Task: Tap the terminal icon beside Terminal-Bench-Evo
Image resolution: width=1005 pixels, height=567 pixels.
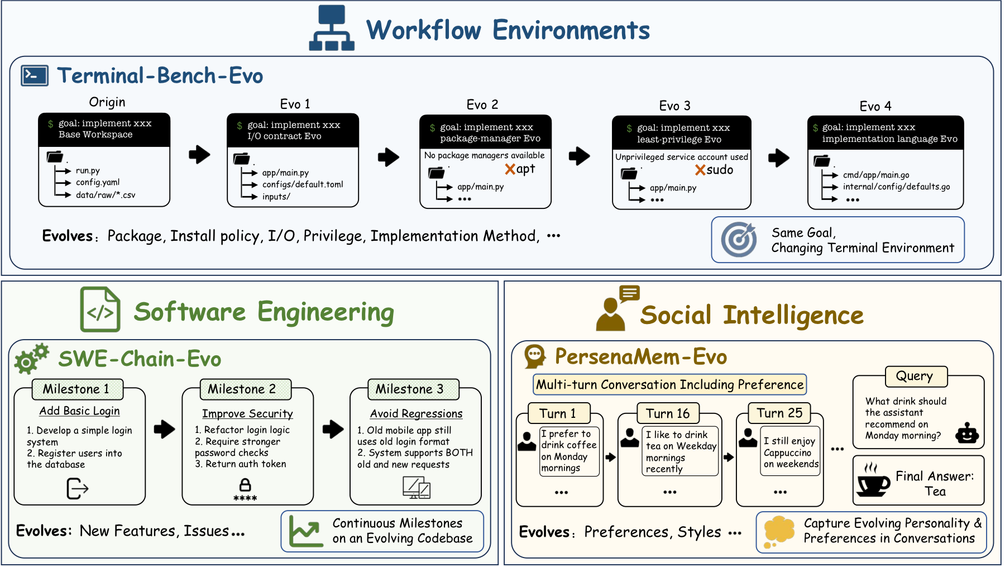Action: click(x=35, y=75)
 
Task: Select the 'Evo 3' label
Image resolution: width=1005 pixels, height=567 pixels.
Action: click(x=674, y=106)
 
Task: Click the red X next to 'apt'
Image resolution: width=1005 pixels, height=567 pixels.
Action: click(x=510, y=169)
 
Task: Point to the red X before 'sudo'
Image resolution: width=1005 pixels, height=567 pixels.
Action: click(x=700, y=170)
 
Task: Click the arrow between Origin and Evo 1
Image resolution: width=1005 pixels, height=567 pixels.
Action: click(x=199, y=155)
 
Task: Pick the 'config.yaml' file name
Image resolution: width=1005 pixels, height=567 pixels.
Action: click(x=98, y=182)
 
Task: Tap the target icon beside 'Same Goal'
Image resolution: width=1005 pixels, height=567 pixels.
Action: click(x=739, y=240)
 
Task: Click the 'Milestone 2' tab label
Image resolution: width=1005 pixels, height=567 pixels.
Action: click(x=242, y=389)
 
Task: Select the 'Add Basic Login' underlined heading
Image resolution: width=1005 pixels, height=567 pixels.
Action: click(x=79, y=411)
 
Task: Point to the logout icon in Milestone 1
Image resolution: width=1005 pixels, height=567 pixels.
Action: click(x=78, y=488)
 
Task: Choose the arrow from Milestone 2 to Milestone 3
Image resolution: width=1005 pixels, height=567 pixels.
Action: click(x=333, y=429)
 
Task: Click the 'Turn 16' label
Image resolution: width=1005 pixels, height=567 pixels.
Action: click(x=668, y=413)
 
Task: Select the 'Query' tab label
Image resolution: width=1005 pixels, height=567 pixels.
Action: click(x=914, y=376)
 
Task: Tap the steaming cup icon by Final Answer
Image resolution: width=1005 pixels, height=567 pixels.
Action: click(x=873, y=479)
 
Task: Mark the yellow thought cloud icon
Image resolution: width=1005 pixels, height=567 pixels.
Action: click(x=778, y=531)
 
